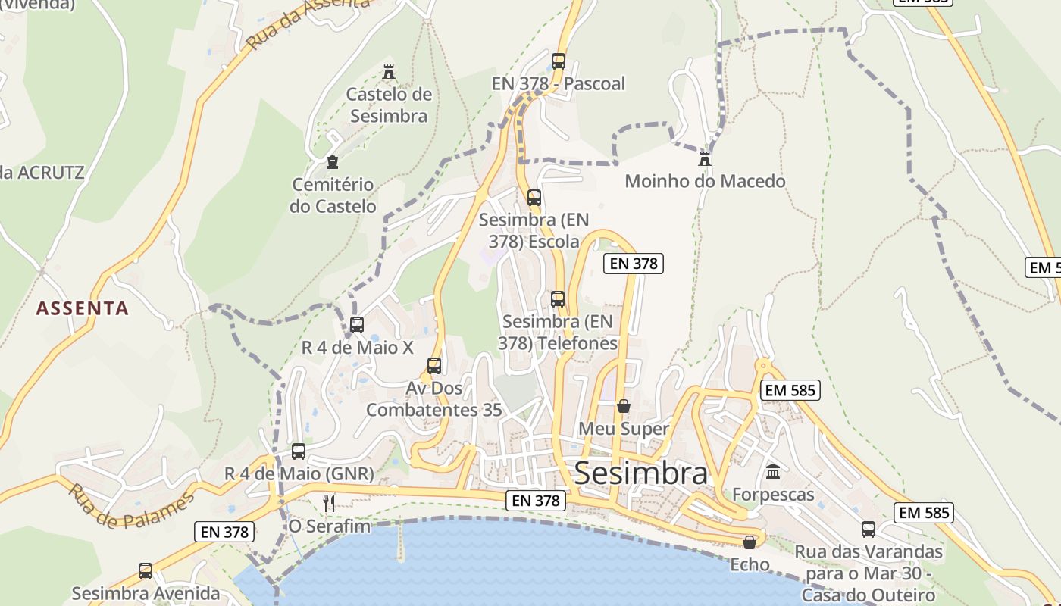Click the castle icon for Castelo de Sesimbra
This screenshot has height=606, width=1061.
389,72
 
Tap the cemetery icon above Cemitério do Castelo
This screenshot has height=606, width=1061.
332,161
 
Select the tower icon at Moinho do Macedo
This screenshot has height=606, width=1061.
705,158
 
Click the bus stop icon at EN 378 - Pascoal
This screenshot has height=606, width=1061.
559,61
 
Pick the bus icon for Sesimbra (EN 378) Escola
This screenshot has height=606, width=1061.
534,198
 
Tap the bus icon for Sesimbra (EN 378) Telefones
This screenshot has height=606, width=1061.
558,299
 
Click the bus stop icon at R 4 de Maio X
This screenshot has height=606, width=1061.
357,325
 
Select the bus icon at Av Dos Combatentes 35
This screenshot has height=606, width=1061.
434,366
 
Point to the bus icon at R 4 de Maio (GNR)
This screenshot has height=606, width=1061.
299,451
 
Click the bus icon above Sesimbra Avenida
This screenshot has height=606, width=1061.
146,570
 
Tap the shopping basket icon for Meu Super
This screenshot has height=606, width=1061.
624,407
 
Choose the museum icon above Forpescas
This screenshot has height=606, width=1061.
773,472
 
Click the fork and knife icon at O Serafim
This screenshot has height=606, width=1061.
329,503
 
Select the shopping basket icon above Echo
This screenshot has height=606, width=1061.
750,542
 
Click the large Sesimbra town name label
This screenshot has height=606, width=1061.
641,473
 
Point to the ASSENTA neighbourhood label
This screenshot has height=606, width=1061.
83,308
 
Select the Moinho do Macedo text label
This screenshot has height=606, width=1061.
705,181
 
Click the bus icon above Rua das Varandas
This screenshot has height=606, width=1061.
869,529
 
